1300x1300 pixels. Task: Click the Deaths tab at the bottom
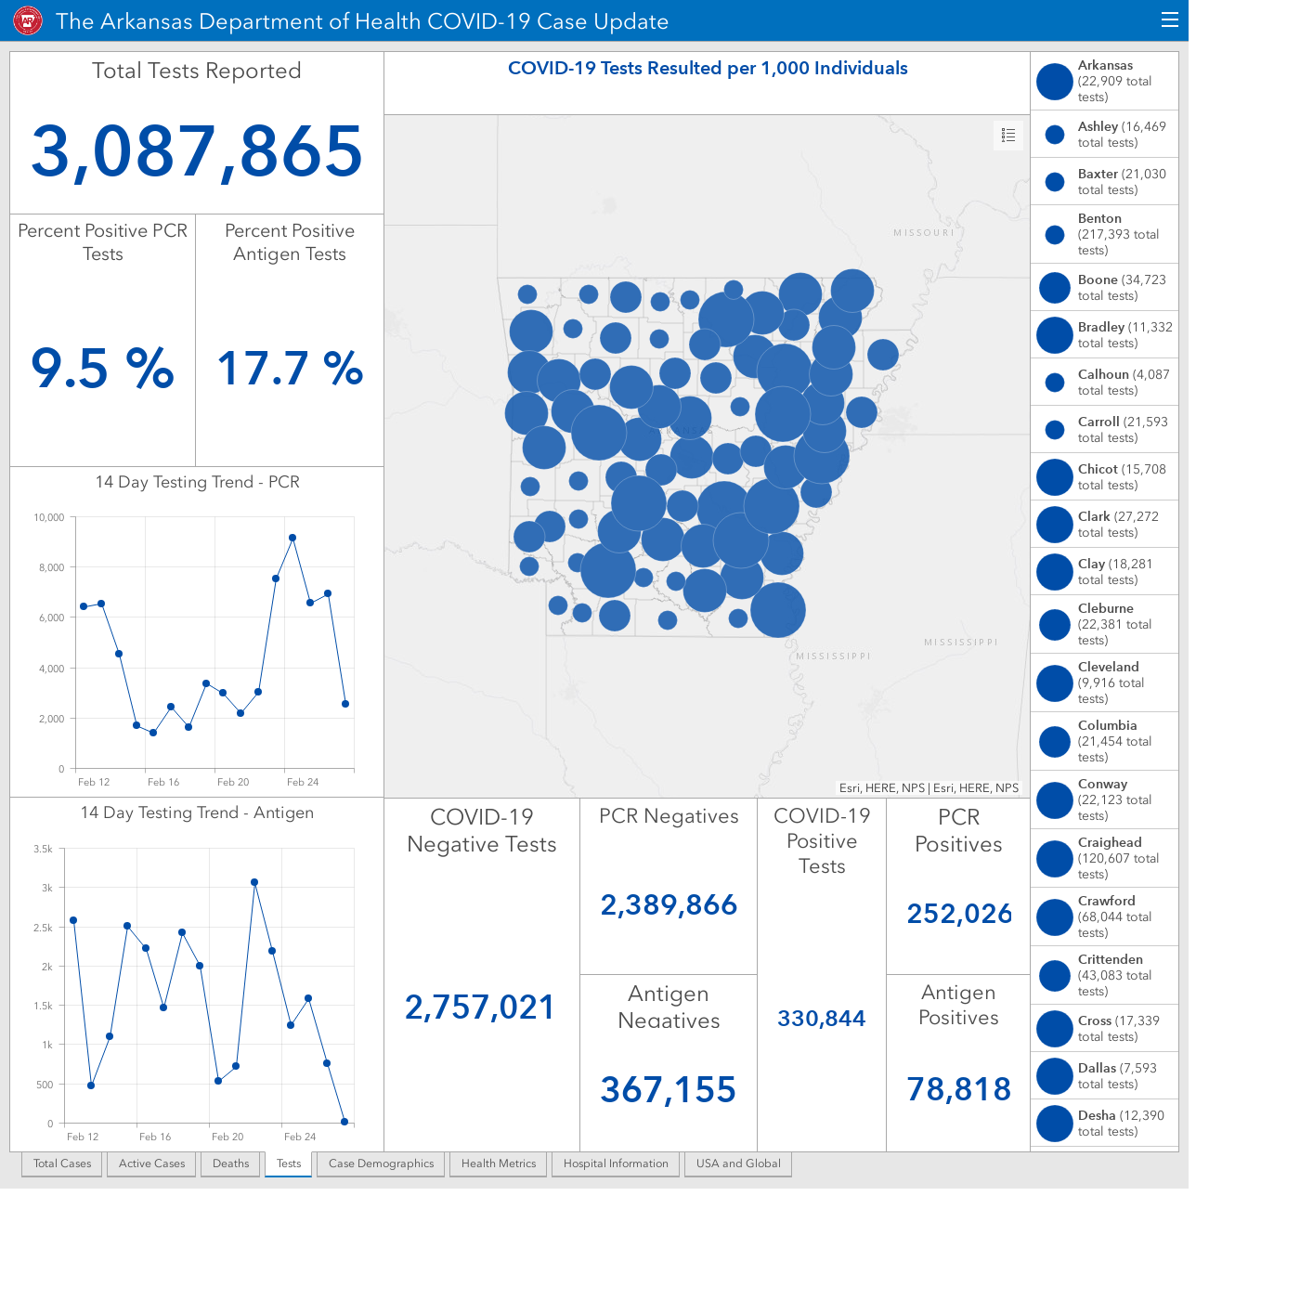click(x=230, y=1163)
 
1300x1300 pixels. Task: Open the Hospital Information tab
click(x=616, y=1163)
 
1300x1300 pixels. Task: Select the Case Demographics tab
click(x=381, y=1163)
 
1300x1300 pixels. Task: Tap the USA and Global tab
click(x=738, y=1163)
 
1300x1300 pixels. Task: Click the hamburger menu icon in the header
click(x=1170, y=20)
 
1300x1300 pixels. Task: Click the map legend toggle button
click(x=1008, y=136)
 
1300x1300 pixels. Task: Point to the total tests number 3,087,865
click(x=197, y=151)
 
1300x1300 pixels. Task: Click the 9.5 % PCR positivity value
click(x=102, y=369)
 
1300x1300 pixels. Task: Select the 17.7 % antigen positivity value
click(x=290, y=369)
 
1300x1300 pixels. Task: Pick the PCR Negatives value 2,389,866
click(x=669, y=904)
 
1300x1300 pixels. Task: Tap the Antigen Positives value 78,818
click(x=958, y=1089)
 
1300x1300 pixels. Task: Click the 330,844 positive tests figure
click(x=821, y=1018)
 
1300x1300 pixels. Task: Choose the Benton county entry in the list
click(x=1104, y=234)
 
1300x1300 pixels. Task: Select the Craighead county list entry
click(x=1104, y=858)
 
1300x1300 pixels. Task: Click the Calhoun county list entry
click(x=1104, y=382)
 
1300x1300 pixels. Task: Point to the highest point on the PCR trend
click(x=292, y=538)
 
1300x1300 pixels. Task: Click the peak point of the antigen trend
click(x=254, y=882)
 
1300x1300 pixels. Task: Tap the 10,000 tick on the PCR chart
click(x=48, y=517)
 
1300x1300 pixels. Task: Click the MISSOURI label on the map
click(x=924, y=233)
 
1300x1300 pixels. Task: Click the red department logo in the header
click(x=28, y=21)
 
